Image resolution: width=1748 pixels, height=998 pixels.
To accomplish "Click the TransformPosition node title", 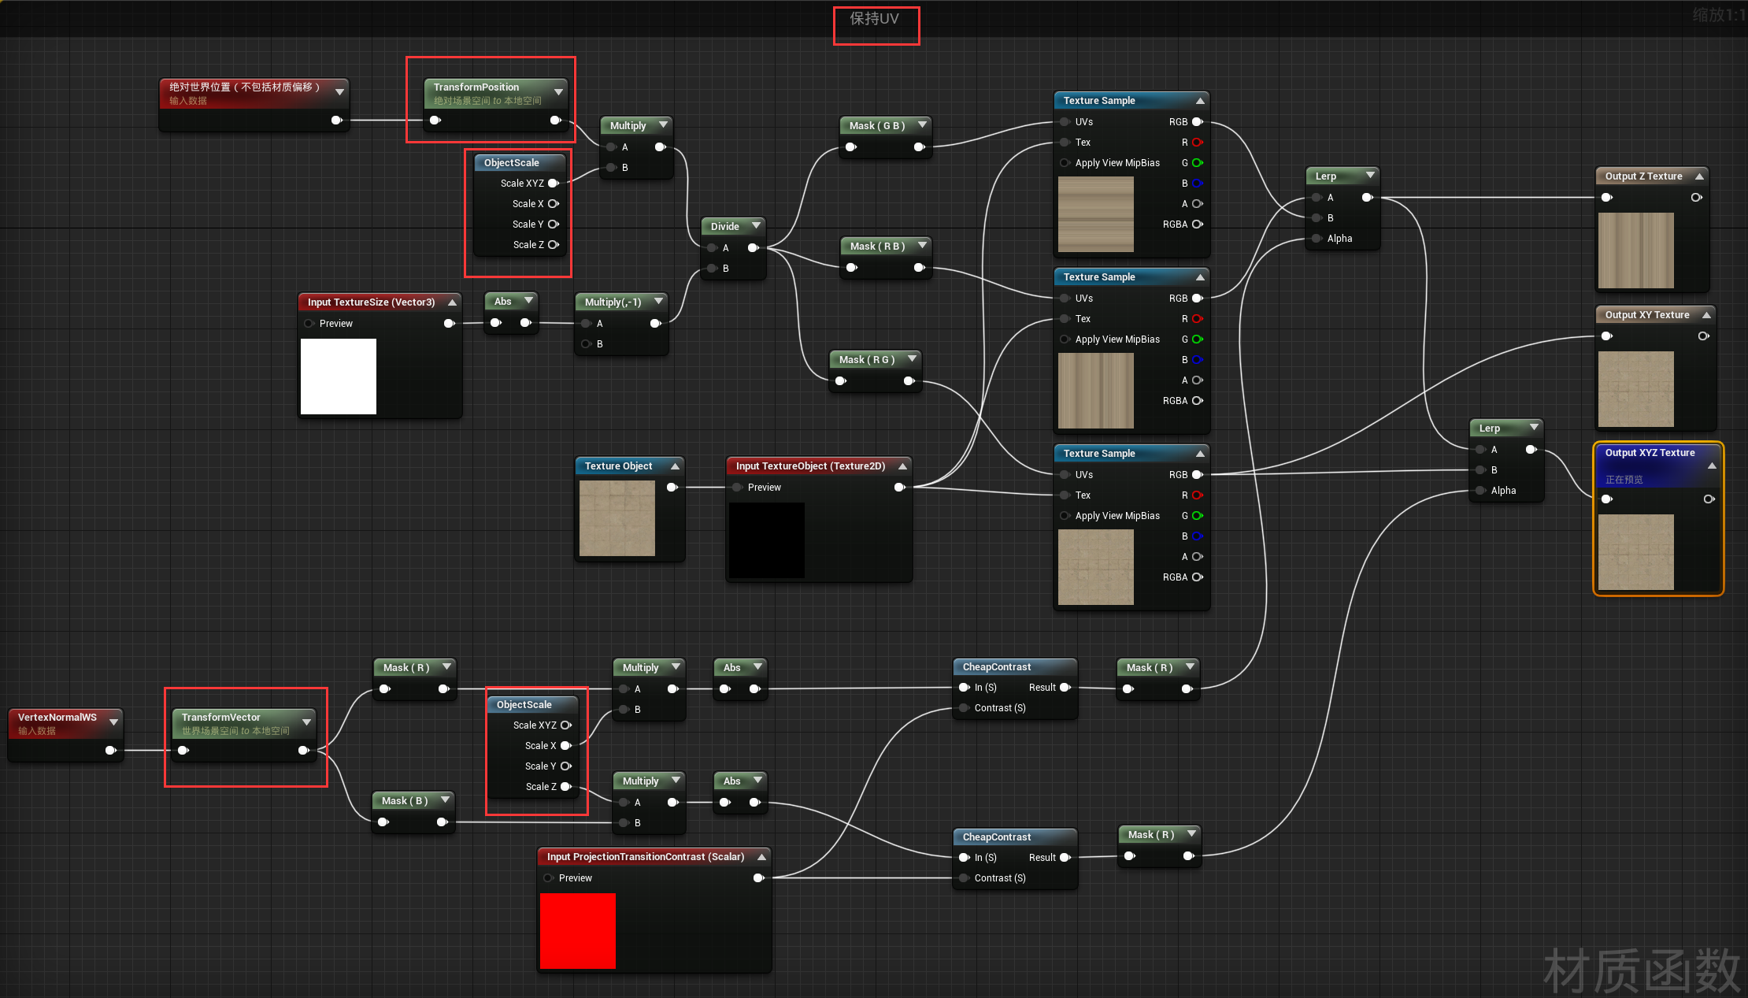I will coord(476,87).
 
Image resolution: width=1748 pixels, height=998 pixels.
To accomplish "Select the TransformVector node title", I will coord(220,718).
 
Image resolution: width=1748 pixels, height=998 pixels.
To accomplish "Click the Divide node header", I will coord(725,227).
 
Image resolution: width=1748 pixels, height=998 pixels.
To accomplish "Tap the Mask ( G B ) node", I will coord(876,126).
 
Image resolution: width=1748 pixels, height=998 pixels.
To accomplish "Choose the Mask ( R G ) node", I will coord(866,360).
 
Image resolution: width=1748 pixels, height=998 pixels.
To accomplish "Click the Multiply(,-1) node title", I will coord(613,302).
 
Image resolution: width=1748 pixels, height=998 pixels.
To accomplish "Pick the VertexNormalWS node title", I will coord(57,718).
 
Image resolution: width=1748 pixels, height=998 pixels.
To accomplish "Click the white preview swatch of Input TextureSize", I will coord(339,377).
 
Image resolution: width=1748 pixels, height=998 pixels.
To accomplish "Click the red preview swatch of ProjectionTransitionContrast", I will coord(578,930).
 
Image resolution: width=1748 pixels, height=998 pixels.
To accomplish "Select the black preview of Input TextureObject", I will coord(767,540).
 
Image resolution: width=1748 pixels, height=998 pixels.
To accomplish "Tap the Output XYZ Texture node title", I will coord(1650,453).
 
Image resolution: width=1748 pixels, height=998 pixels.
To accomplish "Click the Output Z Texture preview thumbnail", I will coord(1635,250).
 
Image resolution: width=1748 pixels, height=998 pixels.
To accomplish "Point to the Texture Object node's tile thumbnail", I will coord(617,518).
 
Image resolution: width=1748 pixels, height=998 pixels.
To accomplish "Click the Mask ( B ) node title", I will coord(405,801).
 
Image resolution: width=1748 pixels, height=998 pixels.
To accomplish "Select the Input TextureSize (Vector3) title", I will coord(371,302).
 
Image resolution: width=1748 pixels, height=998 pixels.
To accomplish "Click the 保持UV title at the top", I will coord(874,19).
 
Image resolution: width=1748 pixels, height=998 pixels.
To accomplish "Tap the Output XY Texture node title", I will coord(1647,315).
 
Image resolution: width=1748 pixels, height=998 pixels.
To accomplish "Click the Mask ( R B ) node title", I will coord(877,247).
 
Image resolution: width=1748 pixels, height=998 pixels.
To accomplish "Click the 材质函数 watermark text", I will coord(1641,971).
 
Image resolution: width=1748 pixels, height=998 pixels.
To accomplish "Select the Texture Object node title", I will coord(618,466).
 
